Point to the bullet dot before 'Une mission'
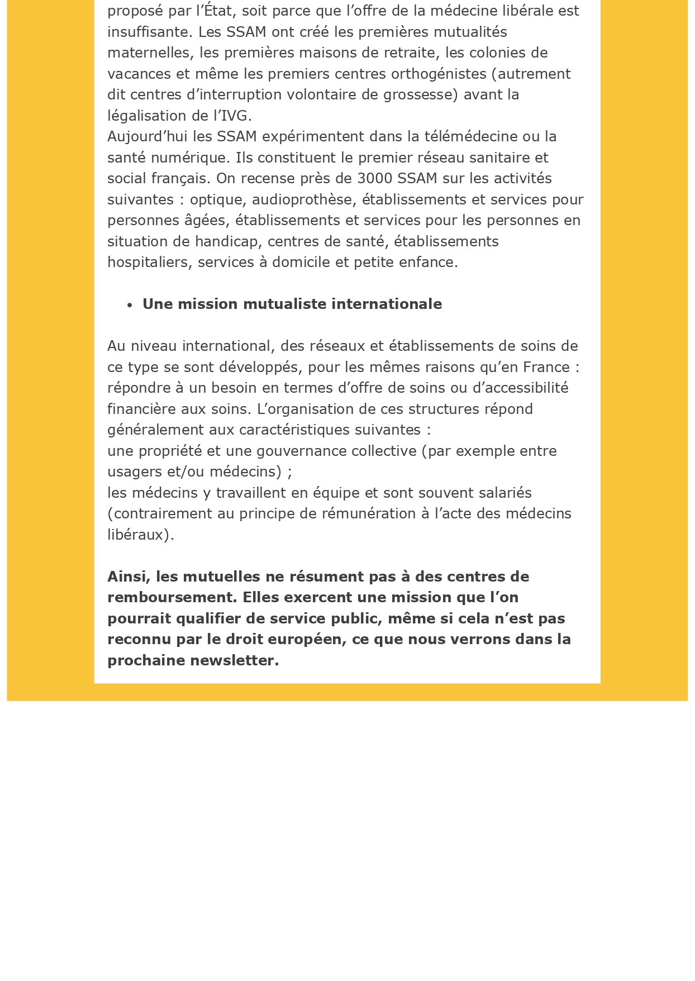[130, 305]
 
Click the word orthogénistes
[439, 74]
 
